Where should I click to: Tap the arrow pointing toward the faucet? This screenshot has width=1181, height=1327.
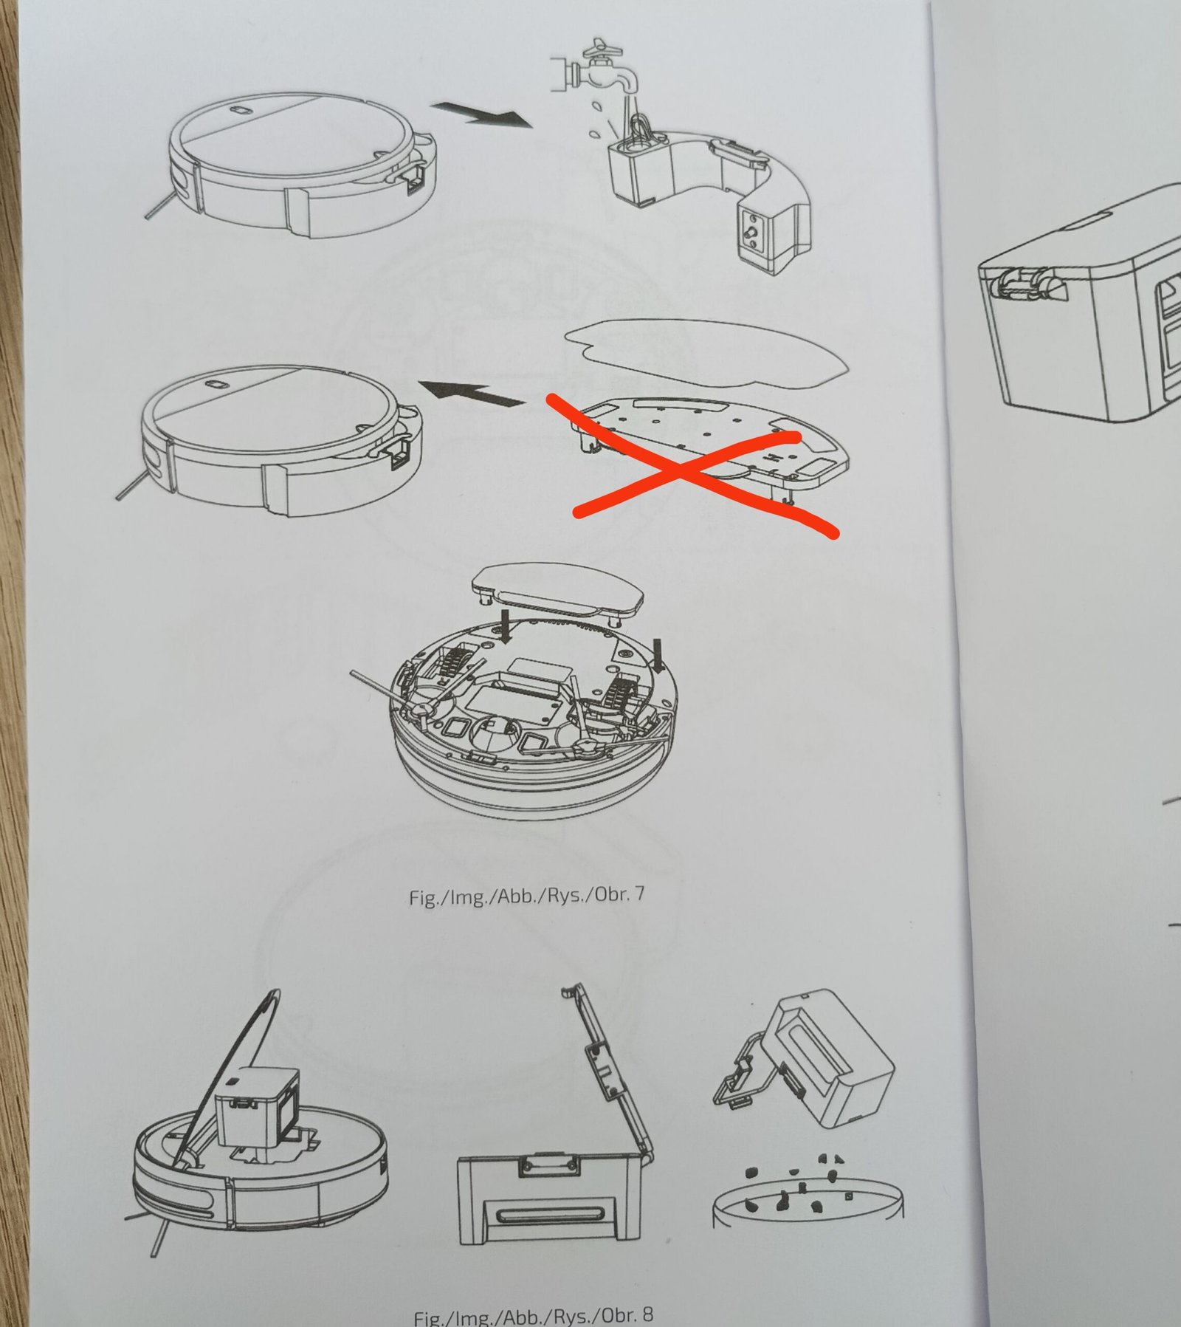pyautogui.click(x=481, y=115)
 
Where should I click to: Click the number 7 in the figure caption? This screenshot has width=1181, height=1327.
pyautogui.click(x=639, y=894)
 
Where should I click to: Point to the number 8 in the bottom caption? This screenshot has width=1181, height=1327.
pyautogui.click(x=647, y=1315)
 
